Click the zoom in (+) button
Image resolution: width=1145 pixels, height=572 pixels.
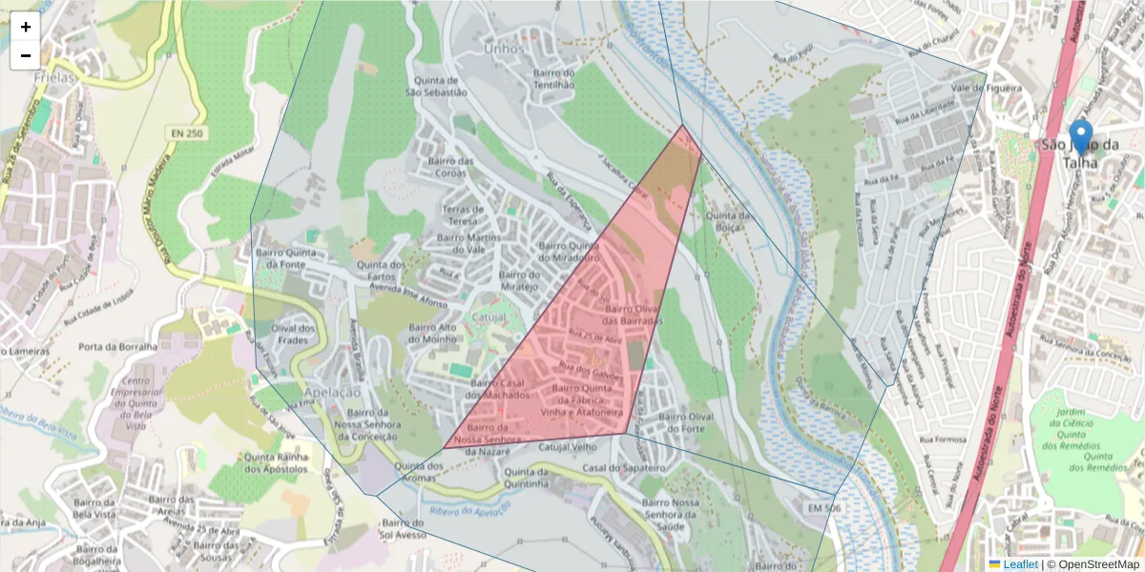(26, 27)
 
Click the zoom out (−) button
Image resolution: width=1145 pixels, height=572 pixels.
(26, 55)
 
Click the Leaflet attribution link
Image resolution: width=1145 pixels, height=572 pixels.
(1020, 564)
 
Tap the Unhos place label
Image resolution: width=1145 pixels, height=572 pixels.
(504, 49)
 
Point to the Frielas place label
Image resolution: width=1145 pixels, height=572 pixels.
(53, 77)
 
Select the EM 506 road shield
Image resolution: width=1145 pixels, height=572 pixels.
(822, 509)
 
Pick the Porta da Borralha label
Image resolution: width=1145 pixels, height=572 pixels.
(117, 347)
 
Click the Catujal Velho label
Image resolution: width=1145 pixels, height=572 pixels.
(567, 445)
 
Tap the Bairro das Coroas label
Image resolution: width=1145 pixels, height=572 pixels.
(452, 167)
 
